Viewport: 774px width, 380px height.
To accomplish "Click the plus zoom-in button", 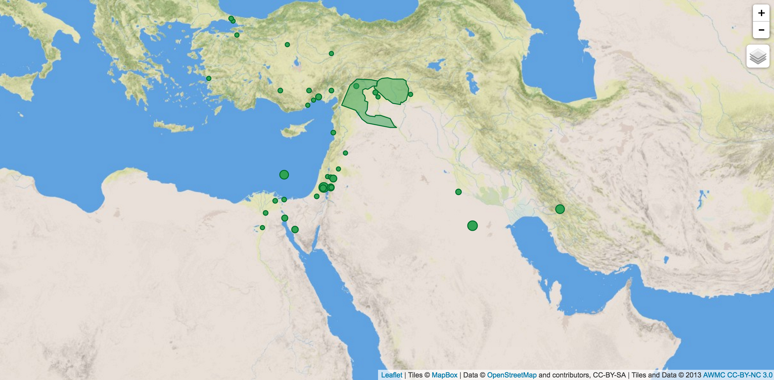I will (x=761, y=13).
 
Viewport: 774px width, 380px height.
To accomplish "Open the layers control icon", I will (x=758, y=56).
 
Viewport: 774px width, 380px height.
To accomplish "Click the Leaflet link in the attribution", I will (x=391, y=375).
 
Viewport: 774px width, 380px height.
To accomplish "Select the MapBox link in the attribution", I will (x=444, y=375).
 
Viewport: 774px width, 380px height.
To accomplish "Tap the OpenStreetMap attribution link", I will (x=512, y=375).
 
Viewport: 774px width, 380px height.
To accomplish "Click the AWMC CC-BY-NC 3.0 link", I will (x=738, y=375).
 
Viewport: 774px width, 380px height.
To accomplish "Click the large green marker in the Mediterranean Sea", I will (x=284, y=175).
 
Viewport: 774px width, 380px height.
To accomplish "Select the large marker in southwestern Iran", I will (x=560, y=209).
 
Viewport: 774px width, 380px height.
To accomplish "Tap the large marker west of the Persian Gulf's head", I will (x=472, y=226).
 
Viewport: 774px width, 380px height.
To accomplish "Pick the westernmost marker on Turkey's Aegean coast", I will (x=209, y=78).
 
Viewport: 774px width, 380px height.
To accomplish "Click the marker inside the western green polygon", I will (x=356, y=86).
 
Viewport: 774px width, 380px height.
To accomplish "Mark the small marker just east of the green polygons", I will (x=411, y=94).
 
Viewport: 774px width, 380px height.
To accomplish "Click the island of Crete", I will (x=174, y=127).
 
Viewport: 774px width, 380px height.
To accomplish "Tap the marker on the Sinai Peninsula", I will (x=295, y=230).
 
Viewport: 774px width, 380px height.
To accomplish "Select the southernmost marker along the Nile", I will (x=262, y=228).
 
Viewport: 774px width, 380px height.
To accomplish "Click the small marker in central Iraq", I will (x=458, y=192).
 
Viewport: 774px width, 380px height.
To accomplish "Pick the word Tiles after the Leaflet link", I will (x=415, y=375).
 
